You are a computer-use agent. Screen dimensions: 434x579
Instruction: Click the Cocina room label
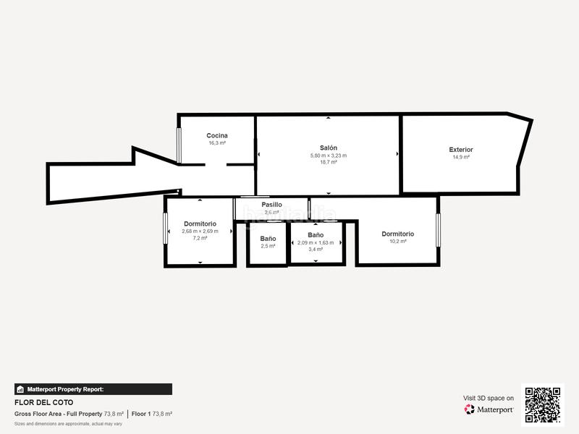pyautogui.click(x=217, y=135)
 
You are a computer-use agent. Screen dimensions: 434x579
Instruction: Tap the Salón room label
pyautogui.click(x=329, y=148)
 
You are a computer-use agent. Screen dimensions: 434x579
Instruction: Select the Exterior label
pyautogui.click(x=460, y=150)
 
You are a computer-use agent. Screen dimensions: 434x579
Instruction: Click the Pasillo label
pyautogui.click(x=272, y=205)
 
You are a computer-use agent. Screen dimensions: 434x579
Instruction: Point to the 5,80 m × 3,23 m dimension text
pyautogui.click(x=329, y=156)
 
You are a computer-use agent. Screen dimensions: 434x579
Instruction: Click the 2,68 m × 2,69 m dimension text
pyautogui.click(x=200, y=231)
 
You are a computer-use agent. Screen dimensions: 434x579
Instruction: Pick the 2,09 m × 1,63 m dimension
pyautogui.click(x=316, y=242)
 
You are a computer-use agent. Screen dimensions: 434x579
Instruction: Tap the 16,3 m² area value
pyautogui.click(x=217, y=143)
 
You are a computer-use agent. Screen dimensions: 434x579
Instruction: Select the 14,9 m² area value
pyautogui.click(x=460, y=157)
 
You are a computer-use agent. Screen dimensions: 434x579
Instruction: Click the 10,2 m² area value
pyautogui.click(x=397, y=241)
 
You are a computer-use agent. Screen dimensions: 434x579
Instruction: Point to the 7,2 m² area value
pyautogui.click(x=200, y=238)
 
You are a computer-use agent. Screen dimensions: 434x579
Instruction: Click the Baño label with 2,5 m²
pyautogui.click(x=268, y=239)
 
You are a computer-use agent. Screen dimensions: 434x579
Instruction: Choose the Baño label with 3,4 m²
pyautogui.click(x=316, y=235)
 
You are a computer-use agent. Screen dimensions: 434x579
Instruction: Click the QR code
pyautogui.click(x=542, y=404)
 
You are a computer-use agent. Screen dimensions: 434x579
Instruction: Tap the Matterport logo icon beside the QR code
pyautogui.click(x=470, y=409)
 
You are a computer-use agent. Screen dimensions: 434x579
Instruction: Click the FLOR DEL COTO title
pyautogui.click(x=43, y=402)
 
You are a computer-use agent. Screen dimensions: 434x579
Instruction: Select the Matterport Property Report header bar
pyautogui.click(x=93, y=389)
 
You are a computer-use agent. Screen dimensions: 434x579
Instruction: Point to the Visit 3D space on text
pyautogui.click(x=489, y=398)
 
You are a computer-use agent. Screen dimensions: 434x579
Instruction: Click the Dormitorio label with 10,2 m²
pyautogui.click(x=397, y=234)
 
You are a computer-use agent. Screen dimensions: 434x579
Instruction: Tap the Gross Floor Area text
pyautogui.click(x=58, y=414)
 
